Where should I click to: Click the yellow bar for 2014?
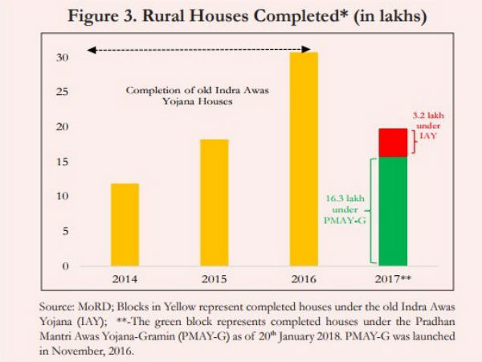(x=125, y=224)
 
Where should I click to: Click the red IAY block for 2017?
(x=393, y=142)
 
